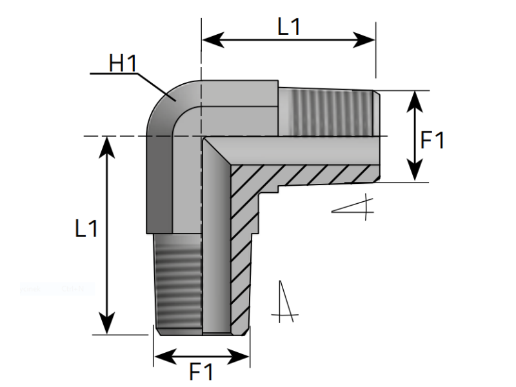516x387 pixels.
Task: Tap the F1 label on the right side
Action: click(432, 139)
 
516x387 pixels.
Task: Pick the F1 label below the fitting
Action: click(201, 372)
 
